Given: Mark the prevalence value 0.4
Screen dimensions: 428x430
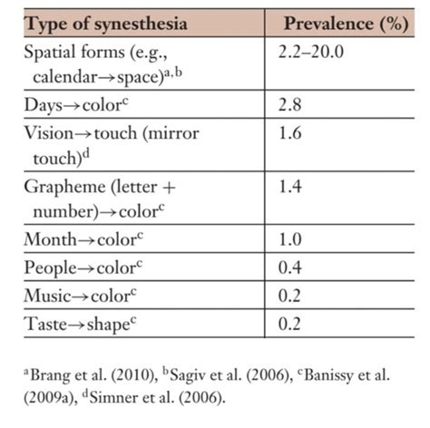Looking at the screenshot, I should (296, 268).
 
